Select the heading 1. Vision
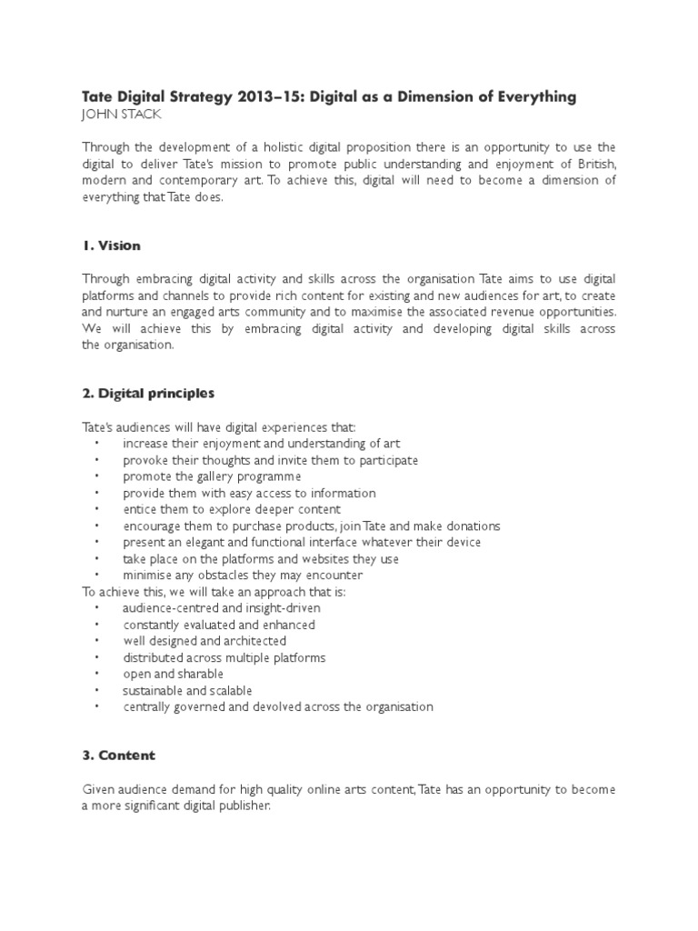[111, 246]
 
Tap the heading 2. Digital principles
[147, 394]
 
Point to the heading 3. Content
[118, 756]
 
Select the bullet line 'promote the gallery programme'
[212, 476]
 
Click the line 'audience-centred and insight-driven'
[222, 608]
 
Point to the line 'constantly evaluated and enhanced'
[219, 625]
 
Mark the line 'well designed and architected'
[204, 641]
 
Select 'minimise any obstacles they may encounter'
[243, 576]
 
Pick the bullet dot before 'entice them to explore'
[97, 509]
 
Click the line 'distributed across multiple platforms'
[224, 657]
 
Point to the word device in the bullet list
[462, 543]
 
